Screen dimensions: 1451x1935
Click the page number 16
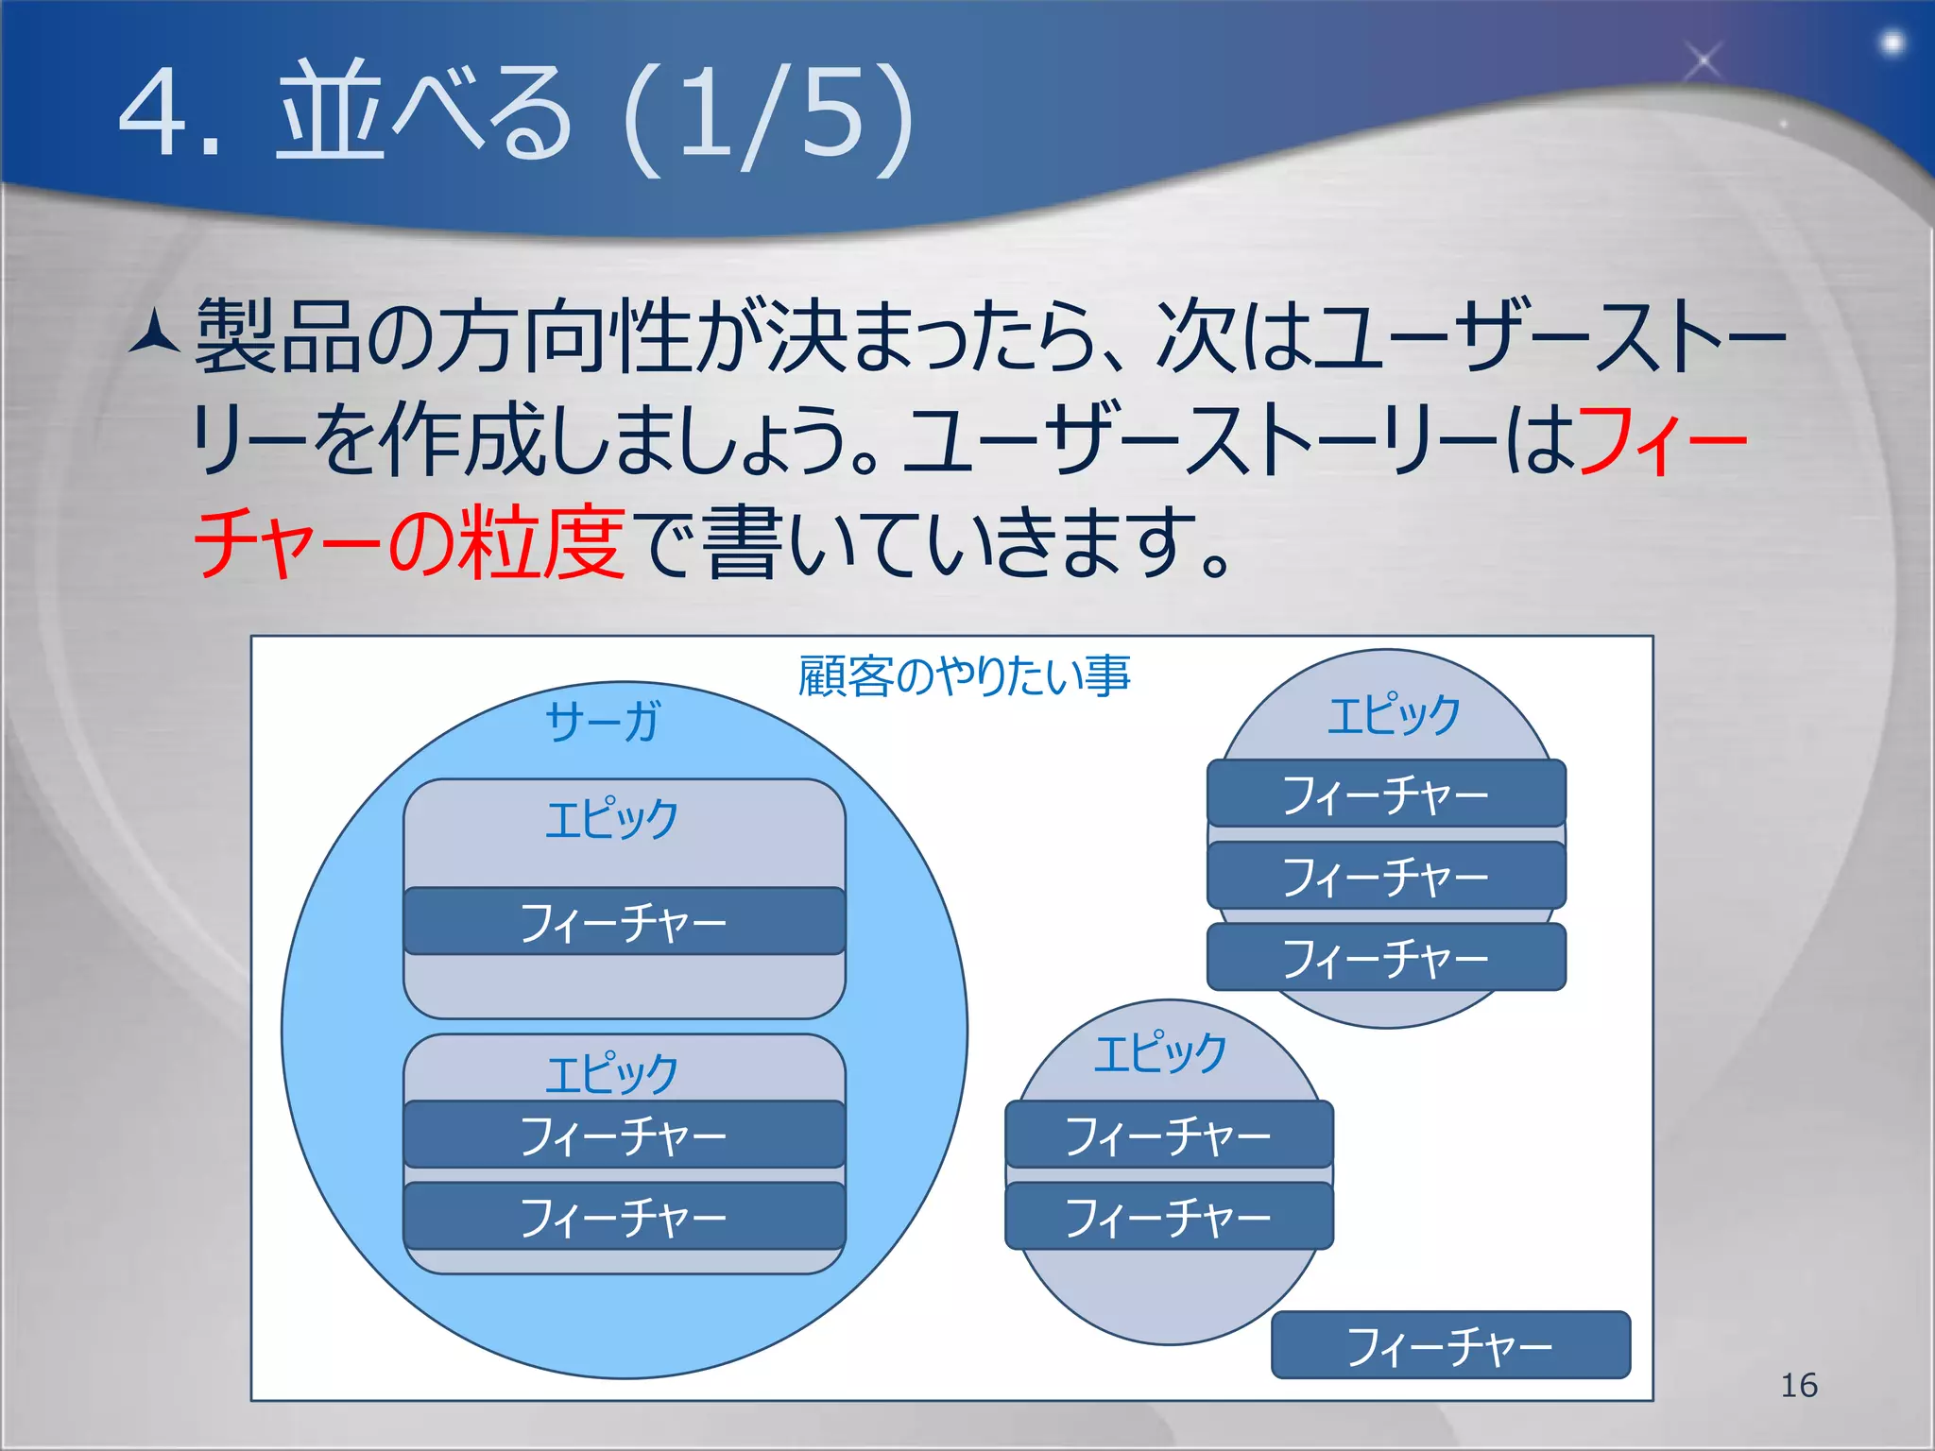coord(1798,1385)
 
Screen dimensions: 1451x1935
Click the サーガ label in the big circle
coord(603,722)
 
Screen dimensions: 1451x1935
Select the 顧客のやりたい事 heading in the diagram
coord(964,676)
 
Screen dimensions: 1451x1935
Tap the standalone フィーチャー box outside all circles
coord(1450,1344)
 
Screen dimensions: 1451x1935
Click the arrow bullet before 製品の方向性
coord(154,333)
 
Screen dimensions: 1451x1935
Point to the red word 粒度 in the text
coord(540,542)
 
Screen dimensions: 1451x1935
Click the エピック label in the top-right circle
coord(1394,714)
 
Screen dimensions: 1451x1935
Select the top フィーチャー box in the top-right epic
coord(1386,794)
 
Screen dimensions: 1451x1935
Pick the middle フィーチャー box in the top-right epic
coord(1386,876)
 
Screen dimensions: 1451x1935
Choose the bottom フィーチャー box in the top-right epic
coord(1386,957)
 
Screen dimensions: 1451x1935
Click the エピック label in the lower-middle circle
coord(1160,1052)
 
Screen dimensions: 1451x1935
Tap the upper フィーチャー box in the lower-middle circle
coord(1169,1134)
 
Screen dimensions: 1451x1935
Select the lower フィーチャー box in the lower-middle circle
coord(1169,1216)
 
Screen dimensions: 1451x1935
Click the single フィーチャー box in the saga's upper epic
coord(624,921)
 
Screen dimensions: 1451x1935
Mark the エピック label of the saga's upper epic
coord(612,818)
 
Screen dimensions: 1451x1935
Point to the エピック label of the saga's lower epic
coord(612,1073)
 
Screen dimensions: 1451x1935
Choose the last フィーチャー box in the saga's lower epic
coord(624,1216)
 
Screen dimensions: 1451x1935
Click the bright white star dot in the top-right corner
coord(1892,43)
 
